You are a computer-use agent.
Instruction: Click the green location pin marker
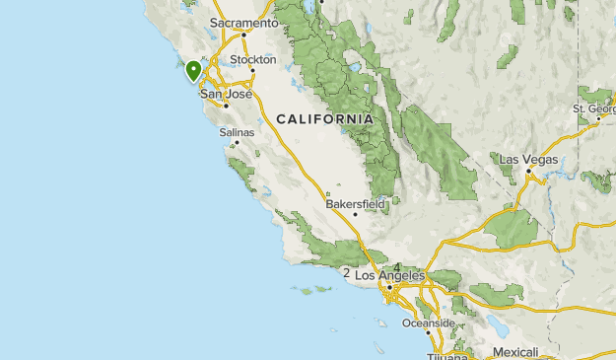(x=193, y=70)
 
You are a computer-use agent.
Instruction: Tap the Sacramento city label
(x=244, y=23)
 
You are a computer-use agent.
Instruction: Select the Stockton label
(x=253, y=60)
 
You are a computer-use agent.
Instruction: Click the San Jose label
(x=226, y=95)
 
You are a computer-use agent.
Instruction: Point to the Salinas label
(x=237, y=132)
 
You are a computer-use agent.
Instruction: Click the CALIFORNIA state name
(x=324, y=118)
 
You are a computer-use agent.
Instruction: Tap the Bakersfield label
(x=355, y=204)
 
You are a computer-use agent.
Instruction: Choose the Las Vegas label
(x=528, y=160)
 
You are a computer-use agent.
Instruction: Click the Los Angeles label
(x=389, y=276)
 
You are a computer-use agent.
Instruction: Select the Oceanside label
(x=428, y=324)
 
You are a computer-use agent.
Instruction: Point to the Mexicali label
(x=515, y=352)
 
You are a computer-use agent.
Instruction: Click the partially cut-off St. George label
(x=594, y=108)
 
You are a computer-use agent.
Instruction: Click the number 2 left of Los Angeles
(x=346, y=274)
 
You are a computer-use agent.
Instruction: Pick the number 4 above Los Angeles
(x=396, y=267)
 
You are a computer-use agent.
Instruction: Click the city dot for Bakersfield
(x=355, y=214)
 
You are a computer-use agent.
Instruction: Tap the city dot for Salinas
(x=237, y=142)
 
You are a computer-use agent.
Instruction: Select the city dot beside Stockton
(x=252, y=70)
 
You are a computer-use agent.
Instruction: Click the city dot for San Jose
(x=227, y=105)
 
